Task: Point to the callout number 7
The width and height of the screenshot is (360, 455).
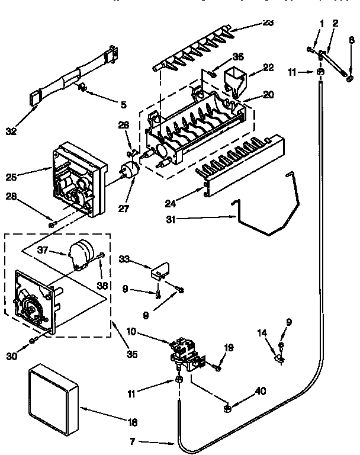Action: click(x=134, y=441)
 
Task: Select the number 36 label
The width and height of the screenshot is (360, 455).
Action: click(x=237, y=56)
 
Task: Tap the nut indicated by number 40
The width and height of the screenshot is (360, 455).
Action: click(x=227, y=408)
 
